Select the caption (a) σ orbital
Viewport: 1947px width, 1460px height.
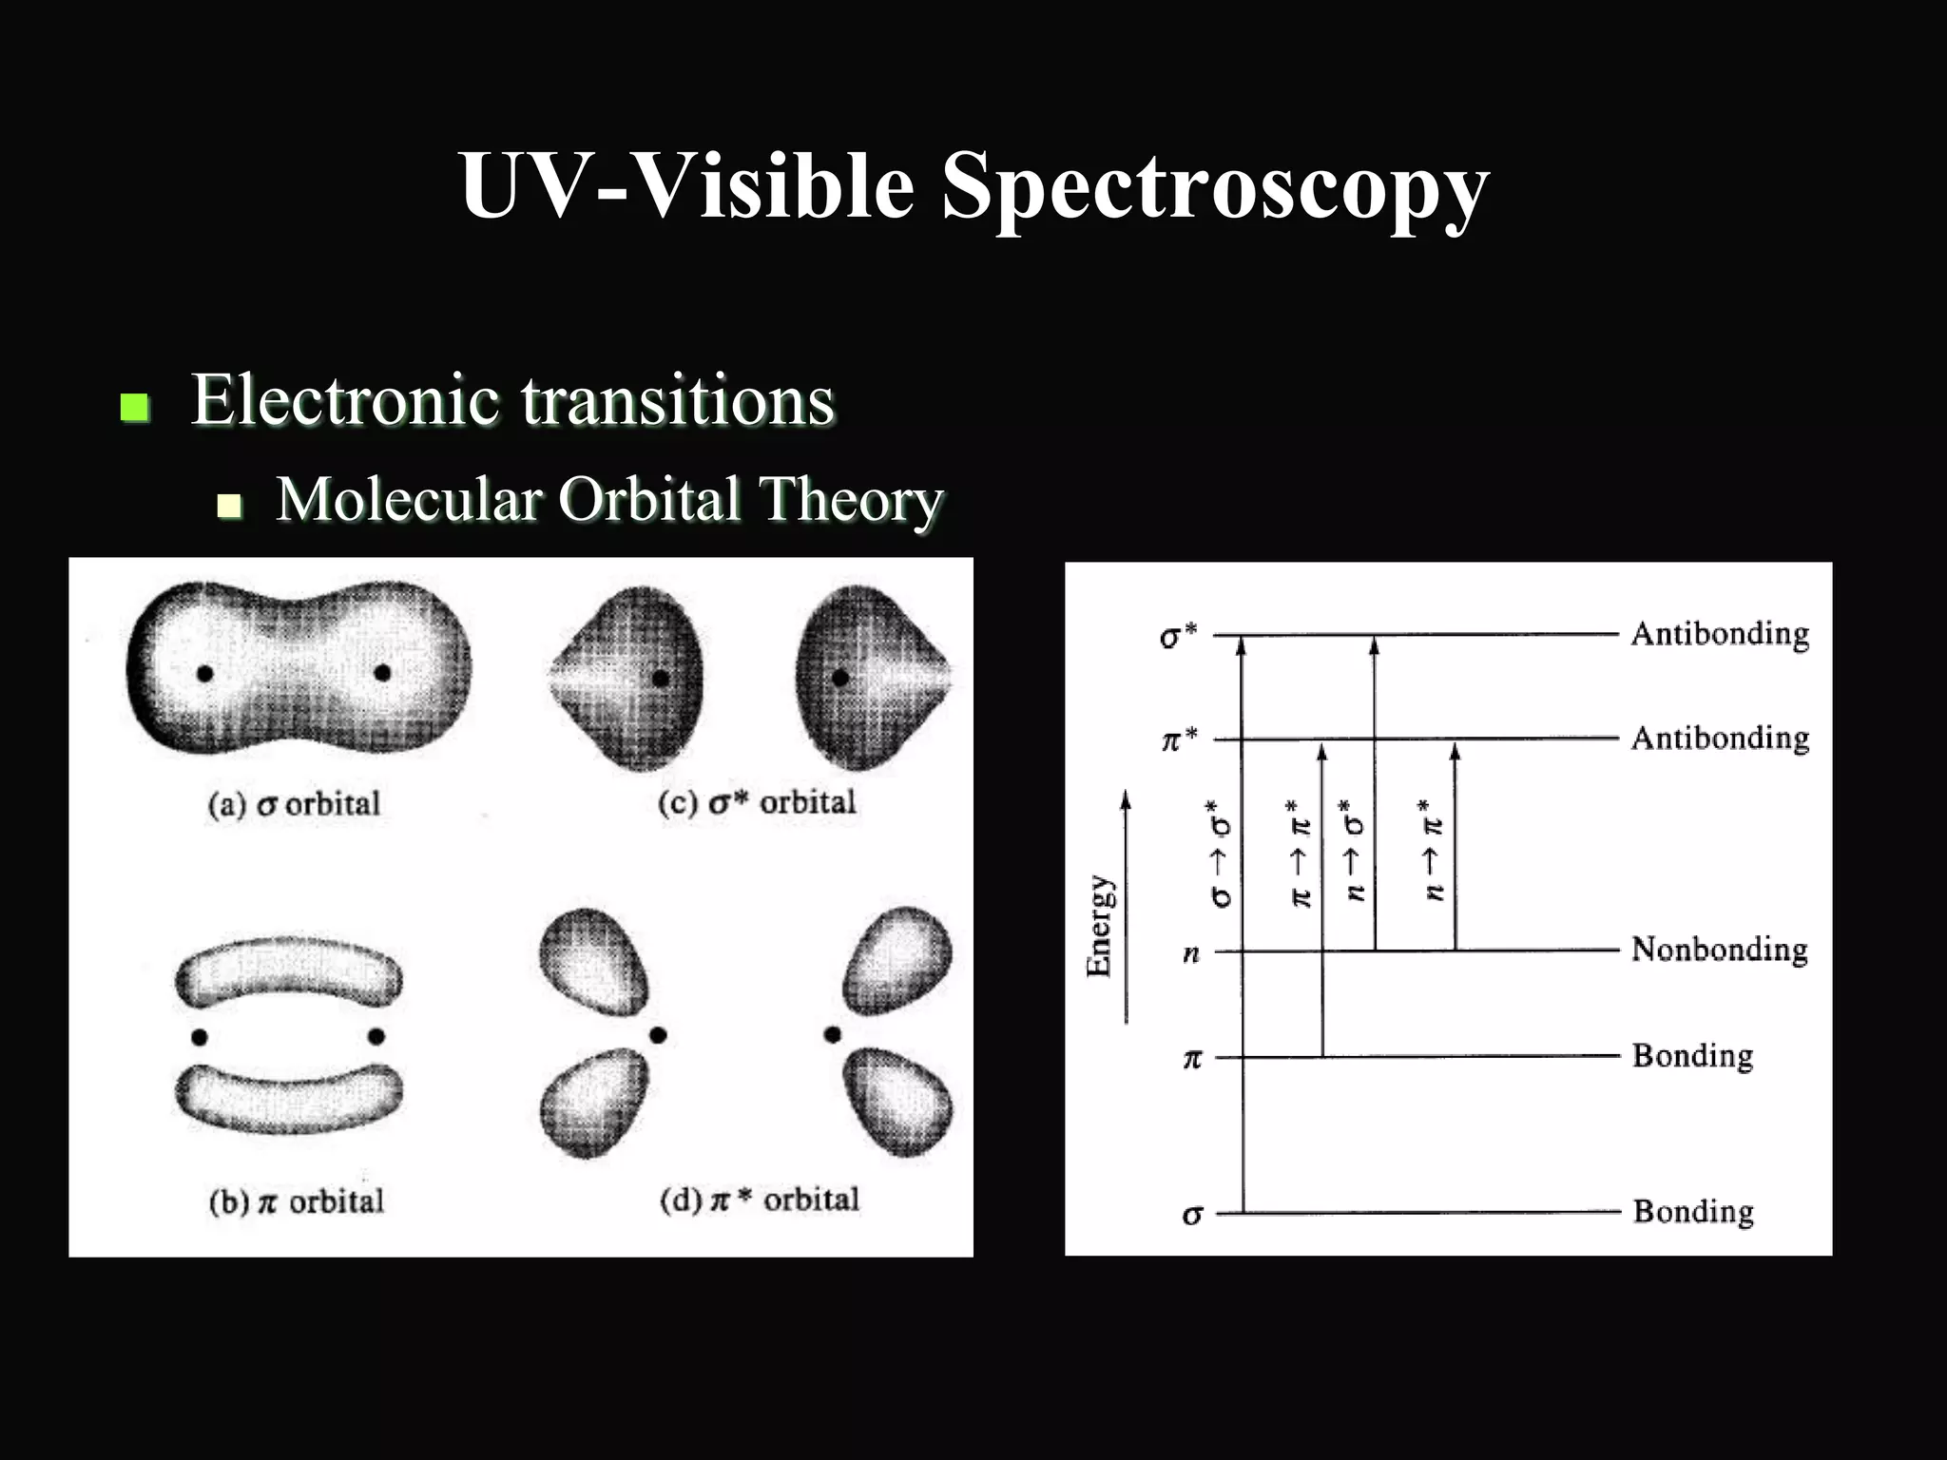click(294, 804)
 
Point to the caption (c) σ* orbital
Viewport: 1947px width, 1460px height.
click(757, 802)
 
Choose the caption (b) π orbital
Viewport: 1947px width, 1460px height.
click(297, 1201)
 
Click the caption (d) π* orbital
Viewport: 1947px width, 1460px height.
click(759, 1200)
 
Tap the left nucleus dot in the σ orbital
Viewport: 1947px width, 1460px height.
click(204, 673)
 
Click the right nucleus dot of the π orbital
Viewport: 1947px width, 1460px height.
click(376, 1035)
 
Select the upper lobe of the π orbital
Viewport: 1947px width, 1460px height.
click(289, 974)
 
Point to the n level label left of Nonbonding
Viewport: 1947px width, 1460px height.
click(1190, 953)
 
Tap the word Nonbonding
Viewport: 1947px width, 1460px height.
click(1719, 949)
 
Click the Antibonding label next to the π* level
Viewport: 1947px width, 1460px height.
click(1719, 738)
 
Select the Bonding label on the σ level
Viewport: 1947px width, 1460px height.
click(1692, 1212)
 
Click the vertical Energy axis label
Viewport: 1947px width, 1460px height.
click(1099, 925)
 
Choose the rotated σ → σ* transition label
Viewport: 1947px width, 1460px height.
click(1220, 853)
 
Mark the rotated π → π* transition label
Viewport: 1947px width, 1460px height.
click(1300, 853)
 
